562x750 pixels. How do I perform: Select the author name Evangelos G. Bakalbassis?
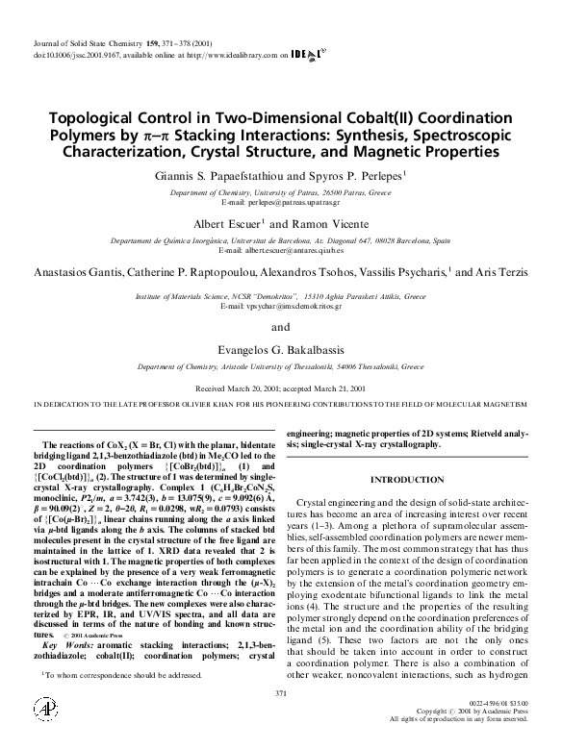point(280,352)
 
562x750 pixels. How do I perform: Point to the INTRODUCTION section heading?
point(407,479)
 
